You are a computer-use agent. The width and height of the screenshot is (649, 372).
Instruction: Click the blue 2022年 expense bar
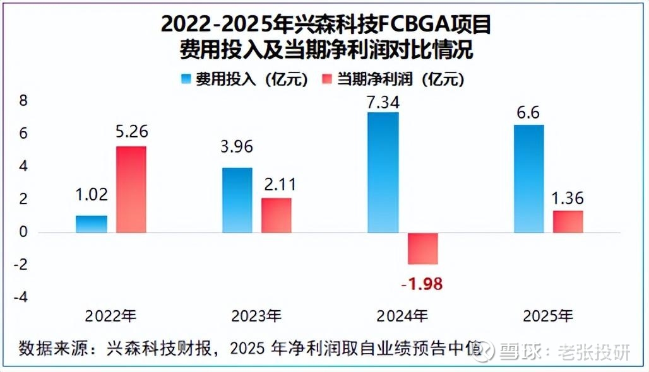[x=92, y=224]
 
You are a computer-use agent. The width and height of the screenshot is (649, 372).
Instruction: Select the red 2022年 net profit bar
[x=131, y=189]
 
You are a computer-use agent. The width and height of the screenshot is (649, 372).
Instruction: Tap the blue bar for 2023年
[x=237, y=200]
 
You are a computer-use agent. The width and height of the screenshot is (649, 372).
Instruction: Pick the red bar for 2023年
[x=277, y=215]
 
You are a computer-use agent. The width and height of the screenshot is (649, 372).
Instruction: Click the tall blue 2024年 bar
[x=383, y=172]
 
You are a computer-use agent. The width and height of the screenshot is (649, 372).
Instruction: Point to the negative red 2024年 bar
[x=422, y=248]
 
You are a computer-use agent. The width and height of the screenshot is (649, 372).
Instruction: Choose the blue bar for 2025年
[x=528, y=178]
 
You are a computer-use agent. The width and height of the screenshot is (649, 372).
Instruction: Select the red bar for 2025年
[x=568, y=221]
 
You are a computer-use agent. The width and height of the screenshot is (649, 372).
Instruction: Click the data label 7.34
[x=383, y=102]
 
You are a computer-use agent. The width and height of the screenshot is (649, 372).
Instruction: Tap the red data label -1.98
[x=422, y=284]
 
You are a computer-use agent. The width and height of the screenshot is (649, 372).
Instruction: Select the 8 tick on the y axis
[x=23, y=101]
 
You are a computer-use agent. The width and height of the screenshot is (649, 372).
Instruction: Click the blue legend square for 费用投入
[x=186, y=79]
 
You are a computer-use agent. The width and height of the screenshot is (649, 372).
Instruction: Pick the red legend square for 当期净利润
[x=327, y=79]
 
